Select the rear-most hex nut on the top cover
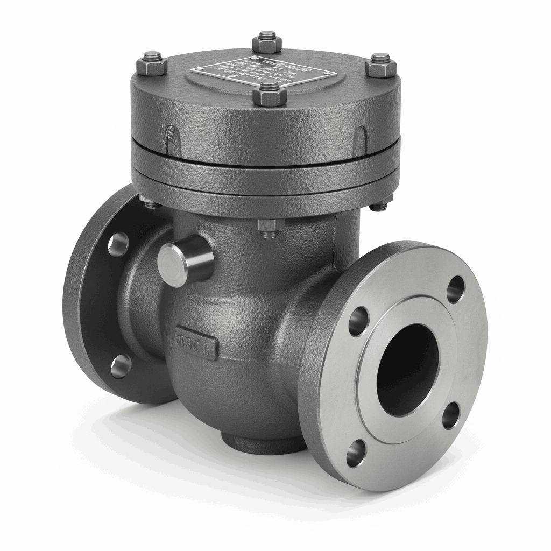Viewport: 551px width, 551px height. [267, 41]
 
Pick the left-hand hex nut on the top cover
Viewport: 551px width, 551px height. [152, 63]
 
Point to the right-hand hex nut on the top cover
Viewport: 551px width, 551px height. [381, 66]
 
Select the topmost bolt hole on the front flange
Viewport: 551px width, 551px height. [456, 289]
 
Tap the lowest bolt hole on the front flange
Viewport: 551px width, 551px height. [356, 453]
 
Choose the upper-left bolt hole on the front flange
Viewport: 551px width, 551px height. [358, 321]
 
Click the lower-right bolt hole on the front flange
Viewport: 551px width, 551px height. [451, 415]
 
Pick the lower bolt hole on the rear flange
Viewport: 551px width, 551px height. [121, 366]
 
